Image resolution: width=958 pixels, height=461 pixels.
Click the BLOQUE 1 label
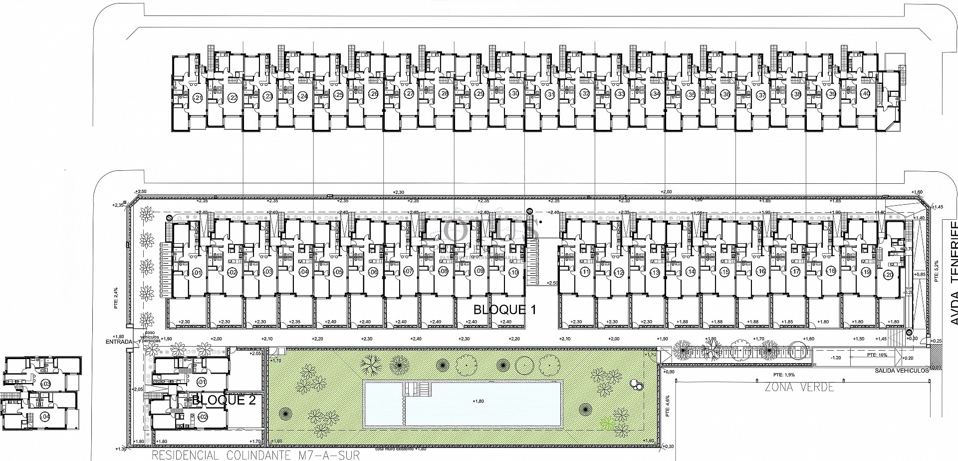point(504,310)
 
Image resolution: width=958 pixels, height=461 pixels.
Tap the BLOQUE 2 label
point(224,400)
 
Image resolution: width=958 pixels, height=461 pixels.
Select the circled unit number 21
point(198,98)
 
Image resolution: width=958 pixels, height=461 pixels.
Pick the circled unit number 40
point(866,94)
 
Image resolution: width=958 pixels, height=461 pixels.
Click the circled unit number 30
point(514,94)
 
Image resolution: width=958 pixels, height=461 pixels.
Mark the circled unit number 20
point(889,274)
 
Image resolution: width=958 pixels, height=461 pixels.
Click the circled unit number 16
point(761,272)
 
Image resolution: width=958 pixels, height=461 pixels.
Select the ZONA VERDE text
point(799,388)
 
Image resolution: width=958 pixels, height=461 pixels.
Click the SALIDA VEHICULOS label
point(901,371)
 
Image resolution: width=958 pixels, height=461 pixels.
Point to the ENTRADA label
point(119,342)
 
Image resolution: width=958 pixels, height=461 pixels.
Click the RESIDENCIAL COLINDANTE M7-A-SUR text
point(255,456)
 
